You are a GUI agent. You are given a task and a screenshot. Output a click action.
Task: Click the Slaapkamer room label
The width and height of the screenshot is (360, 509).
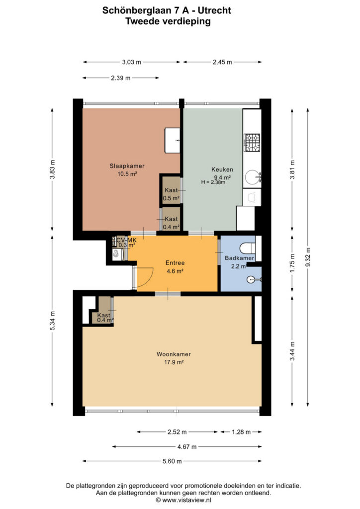tap(127, 166)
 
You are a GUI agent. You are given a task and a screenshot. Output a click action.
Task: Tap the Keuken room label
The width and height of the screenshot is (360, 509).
tap(222, 170)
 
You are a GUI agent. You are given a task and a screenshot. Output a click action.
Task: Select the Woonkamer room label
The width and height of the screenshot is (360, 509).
tap(174, 354)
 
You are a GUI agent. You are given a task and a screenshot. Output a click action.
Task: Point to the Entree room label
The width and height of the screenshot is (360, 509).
tap(175, 263)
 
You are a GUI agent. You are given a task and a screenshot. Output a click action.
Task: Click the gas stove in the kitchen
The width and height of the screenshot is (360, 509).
tap(252, 143)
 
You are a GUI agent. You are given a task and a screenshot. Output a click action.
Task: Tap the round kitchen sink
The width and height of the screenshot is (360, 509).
tap(253, 177)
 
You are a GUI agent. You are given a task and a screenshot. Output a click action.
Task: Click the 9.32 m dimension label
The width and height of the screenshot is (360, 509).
tap(308, 257)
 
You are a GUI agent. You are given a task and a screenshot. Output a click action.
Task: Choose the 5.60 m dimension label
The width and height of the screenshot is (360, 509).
tap(172, 461)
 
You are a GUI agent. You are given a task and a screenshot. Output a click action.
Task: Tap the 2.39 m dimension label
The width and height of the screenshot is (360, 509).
tap(121, 78)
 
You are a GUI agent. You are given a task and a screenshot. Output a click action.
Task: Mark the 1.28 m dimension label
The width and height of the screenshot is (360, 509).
tap(241, 432)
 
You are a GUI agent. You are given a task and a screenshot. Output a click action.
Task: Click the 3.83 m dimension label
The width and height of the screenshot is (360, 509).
tap(53, 169)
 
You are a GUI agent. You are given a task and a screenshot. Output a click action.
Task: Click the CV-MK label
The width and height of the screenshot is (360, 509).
tap(127, 240)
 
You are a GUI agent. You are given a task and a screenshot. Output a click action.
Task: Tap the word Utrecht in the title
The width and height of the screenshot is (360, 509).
tap(215, 10)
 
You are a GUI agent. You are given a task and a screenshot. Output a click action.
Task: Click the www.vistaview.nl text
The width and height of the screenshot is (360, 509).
tap(187, 500)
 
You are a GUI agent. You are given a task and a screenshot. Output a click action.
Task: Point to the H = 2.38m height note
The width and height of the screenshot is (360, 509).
tap(213, 182)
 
